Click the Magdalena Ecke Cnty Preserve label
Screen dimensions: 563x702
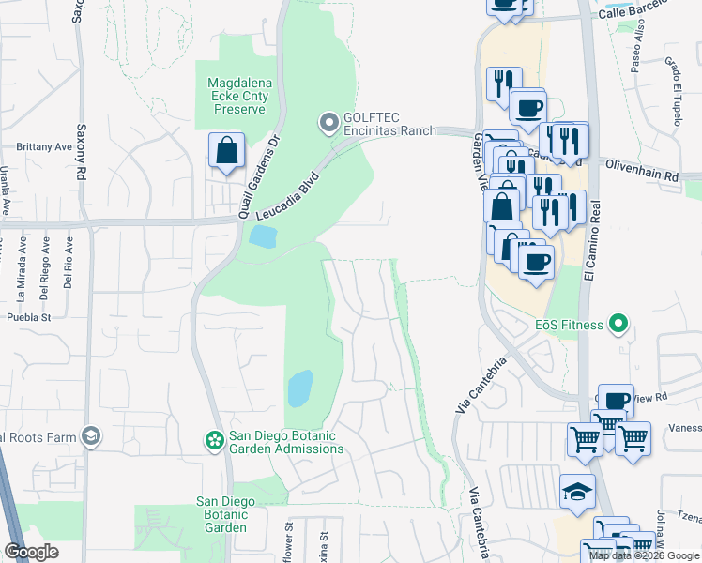point(237,97)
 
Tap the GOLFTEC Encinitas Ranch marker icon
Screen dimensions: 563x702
point(328,123)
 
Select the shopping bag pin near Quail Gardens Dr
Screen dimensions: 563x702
point(226,151)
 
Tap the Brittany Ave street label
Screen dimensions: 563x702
point(44,147)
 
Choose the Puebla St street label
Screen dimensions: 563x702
point(27,317)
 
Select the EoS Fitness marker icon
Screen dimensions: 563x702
point(618,325)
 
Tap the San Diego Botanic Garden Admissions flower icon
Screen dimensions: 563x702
point(215,440)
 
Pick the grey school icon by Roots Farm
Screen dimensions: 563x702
point(91,435)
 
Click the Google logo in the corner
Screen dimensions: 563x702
point(31,552)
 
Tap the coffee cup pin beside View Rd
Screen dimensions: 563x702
point(616,402)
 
